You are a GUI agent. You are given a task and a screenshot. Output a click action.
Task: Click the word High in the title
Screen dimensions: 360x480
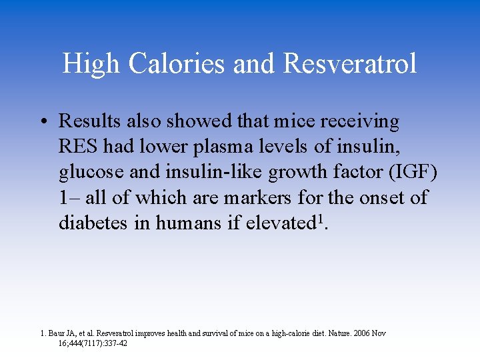[91, 64]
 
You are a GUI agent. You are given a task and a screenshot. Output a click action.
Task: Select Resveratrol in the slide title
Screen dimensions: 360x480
[350, 64]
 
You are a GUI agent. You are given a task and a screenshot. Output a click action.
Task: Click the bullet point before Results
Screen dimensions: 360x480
[43, 122]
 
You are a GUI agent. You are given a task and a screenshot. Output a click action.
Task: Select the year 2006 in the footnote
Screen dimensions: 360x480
[360, 333]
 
